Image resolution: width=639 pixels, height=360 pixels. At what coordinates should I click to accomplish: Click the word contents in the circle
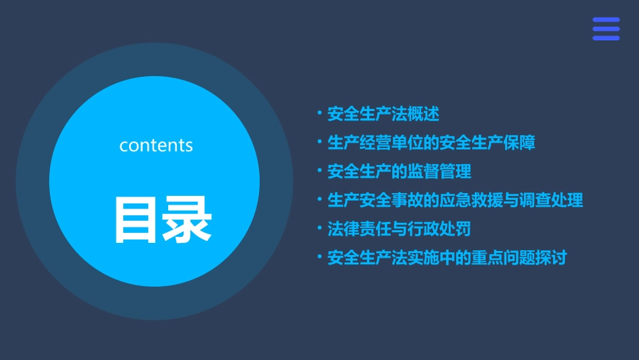click(156, 145)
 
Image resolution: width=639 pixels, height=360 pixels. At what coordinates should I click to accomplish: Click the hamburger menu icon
click(606, 29)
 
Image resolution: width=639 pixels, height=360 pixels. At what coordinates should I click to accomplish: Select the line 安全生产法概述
click(383, 114)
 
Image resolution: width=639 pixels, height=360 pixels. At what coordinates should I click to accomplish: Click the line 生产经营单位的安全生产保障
click(431, 143)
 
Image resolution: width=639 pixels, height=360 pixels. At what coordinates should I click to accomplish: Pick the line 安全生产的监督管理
click(399, 172)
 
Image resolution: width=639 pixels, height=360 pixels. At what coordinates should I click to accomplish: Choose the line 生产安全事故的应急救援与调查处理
click(455, 201)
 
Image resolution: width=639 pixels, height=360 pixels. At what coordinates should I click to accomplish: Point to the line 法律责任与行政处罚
click(399, 229)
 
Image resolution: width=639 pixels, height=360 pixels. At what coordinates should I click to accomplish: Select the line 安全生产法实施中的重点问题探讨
click(447, 258)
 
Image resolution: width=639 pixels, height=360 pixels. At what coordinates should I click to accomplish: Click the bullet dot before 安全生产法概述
click(319, 114)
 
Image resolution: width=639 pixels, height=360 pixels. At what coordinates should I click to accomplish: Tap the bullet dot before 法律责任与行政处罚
click(319, 229)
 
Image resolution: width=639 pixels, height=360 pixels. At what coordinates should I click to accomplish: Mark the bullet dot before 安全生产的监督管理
click(319, 171)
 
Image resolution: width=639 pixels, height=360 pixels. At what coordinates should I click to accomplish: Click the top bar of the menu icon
click(606, 20)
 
